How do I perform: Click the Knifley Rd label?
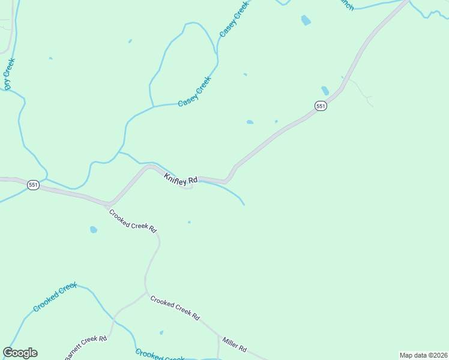181,178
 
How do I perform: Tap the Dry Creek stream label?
9,74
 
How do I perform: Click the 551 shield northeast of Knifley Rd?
321,106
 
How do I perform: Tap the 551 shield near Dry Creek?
33,185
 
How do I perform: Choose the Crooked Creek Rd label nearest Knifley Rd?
133,221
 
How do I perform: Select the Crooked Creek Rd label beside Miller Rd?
175,308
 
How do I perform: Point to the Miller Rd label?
234,344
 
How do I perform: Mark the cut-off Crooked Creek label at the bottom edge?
159,355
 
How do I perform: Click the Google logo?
20,353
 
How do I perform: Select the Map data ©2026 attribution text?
423,355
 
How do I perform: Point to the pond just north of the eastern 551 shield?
325,91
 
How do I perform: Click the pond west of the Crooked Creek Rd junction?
93,229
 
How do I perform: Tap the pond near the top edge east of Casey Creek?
306,20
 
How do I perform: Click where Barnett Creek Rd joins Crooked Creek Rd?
145,293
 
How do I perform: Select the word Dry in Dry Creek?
8,83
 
